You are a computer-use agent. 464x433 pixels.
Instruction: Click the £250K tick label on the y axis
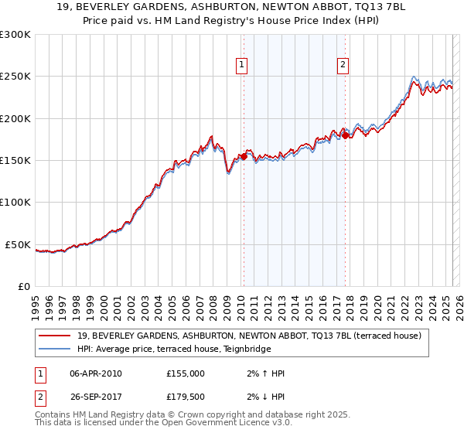15,77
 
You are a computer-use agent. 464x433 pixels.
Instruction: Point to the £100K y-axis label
15,203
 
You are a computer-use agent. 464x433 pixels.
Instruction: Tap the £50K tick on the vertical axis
18,244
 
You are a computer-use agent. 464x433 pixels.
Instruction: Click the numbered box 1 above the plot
243,66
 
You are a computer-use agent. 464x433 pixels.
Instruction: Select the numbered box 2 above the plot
343,66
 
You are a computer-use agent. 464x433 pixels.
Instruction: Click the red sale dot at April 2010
244,156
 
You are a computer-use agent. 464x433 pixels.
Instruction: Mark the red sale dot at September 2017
346,136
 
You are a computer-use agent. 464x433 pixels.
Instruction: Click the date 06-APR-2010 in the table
96,373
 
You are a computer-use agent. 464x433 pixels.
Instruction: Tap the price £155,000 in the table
186,373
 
